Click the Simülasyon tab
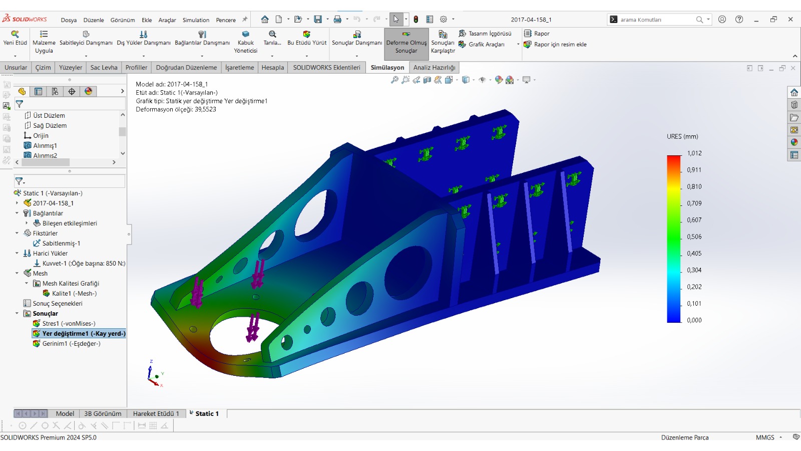pos(387,67)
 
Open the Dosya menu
pos(69,20)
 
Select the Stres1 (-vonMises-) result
pos(69,323)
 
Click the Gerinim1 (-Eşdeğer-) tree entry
pos(71,343)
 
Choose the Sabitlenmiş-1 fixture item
pos(61,243)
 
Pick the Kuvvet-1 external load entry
pos(84,263)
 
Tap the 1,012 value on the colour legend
pos(694,153)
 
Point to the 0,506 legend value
pos(694,237)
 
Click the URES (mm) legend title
pos(682,136)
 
